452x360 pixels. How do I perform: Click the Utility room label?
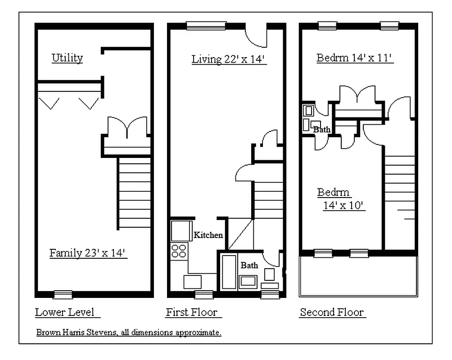(x=67, y=58)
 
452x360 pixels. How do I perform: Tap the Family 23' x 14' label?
(x=89, y=253)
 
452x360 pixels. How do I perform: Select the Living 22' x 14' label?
(x=230, y=59)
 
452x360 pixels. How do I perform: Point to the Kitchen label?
(x=208, y=235)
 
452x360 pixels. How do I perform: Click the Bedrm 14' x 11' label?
(x=355, y=58)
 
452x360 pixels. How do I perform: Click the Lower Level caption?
(x=65, y=312)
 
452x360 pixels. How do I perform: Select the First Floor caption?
(x=192, y=312)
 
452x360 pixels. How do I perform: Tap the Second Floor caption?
(x=332, y=312)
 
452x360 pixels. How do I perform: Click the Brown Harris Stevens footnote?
(x=128, y=333)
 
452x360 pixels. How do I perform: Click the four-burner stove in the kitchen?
(x=179, y=250)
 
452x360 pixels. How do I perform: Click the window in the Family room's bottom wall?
(x=63, y=295)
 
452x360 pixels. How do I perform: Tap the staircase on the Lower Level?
(x=134, y=192)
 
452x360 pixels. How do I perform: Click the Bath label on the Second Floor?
(x=321, y=130)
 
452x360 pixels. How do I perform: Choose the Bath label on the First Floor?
(x=249, y=265)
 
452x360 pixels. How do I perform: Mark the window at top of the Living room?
(x=206, y=26)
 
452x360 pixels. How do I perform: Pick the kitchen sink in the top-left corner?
(x=181, y=231)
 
